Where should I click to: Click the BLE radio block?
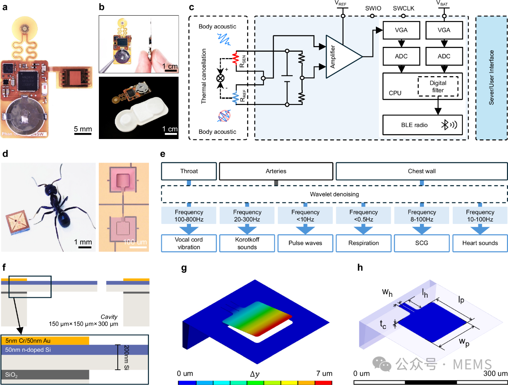point(422,125)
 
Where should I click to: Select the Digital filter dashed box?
point(438,87)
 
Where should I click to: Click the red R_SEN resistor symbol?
point(236,57)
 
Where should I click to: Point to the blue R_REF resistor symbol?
point(236,97)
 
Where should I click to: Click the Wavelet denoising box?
point(334,194)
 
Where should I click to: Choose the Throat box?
point(189,171)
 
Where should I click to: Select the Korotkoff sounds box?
point(247,243)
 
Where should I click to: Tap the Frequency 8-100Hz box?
point(422,216)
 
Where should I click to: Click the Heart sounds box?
point(480,243)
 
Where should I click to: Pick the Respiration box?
point(363,243)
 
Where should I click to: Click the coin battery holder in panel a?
point(24,116)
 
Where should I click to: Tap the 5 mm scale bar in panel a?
point(83,133)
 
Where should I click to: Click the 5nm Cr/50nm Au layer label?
point(28,341)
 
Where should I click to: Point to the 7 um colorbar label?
point(324,373)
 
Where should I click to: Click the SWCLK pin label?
point(404,8)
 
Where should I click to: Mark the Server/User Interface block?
point(492,78)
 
